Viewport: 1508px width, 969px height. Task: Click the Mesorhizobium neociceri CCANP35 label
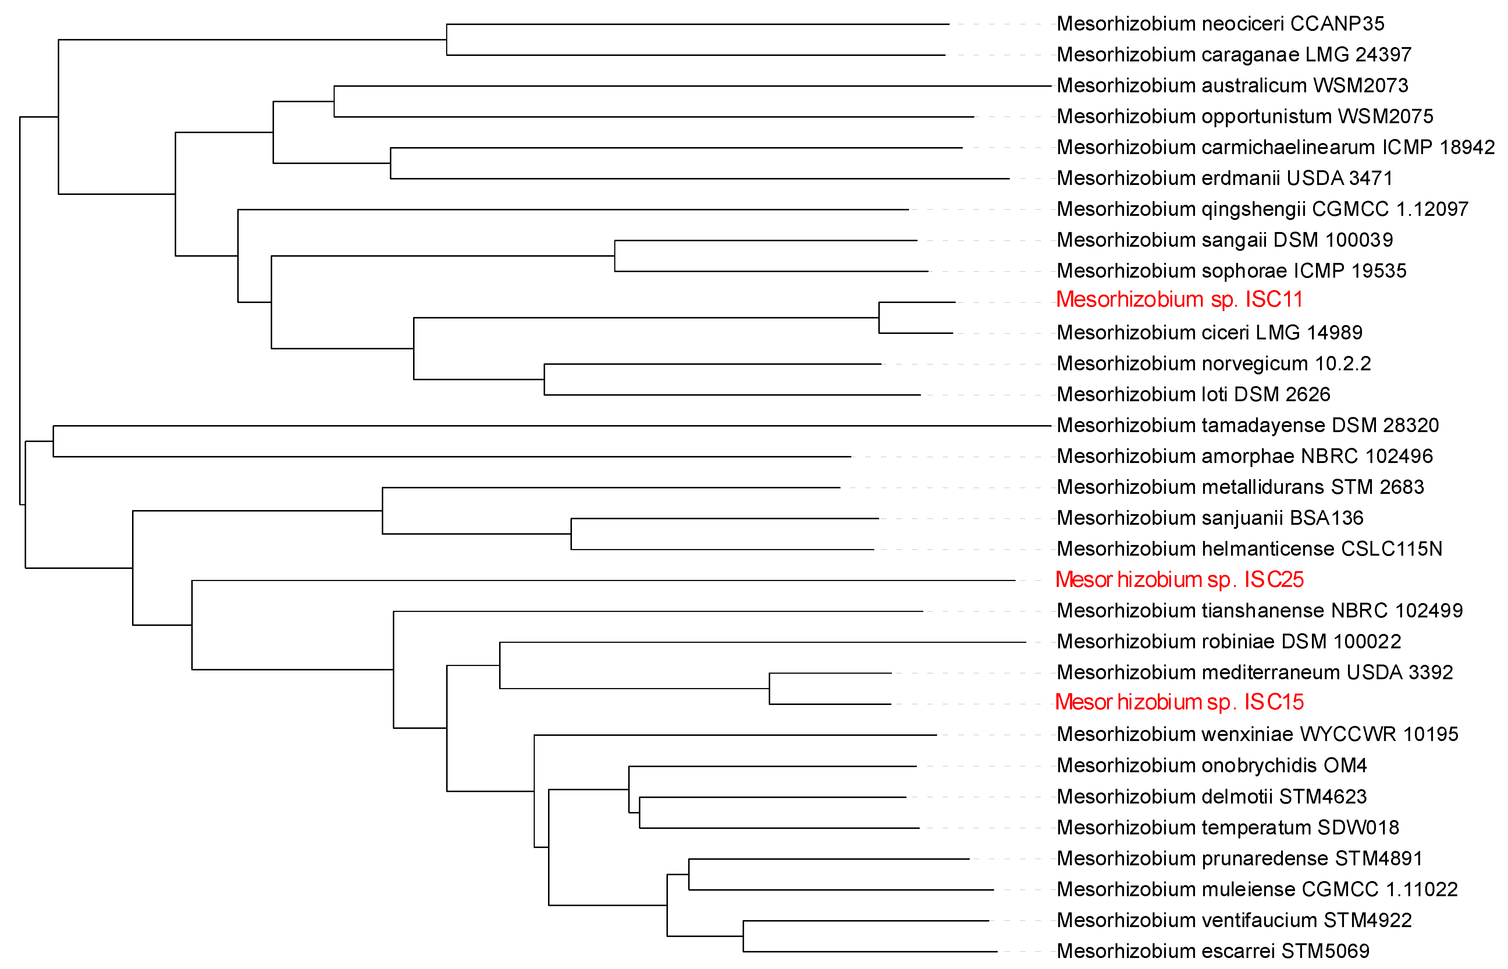click(x=1220, y=24)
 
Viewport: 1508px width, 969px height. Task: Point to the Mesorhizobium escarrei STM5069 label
click(x=1213, y=951)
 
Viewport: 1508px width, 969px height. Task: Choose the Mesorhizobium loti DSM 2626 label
click(x=1193, y=395)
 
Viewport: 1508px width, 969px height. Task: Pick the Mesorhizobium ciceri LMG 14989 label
click(x=1209, y=333)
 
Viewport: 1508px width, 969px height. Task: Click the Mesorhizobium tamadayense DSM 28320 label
click(x=1248, y=425)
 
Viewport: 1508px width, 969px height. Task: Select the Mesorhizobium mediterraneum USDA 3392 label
click(x=1254, y=673)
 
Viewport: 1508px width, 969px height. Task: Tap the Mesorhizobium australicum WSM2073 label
click(x=1233, y=86)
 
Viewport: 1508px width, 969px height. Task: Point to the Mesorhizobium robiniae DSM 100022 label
click(x=1228, y=642)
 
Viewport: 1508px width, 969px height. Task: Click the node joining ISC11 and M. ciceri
click(x=879, y=318)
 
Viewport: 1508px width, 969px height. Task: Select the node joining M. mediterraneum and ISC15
click(x=769, y=688)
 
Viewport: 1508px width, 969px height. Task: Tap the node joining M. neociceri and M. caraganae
click(x=447, y=40)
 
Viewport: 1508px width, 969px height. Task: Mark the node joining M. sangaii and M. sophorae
click(x=615, y=256)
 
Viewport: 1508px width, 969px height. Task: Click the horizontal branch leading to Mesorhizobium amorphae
click(x=452, y=457)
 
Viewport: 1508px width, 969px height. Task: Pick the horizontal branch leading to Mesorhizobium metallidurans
click(x=611, y=488)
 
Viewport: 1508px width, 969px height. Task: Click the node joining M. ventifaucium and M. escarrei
click(x=743, y=936)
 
